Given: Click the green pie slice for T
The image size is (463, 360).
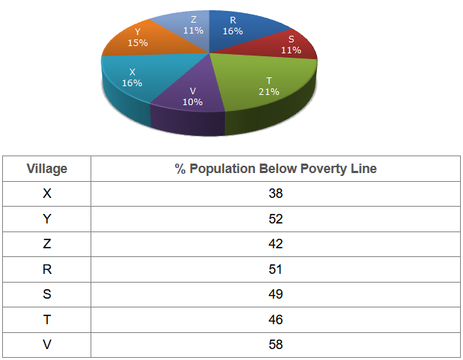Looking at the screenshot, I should tap(263, 80).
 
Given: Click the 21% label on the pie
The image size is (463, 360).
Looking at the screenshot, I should tap(269, 91).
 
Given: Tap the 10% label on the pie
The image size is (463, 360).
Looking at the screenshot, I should tap(192, 102).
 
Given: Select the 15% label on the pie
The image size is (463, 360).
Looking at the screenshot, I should tap(137, 43).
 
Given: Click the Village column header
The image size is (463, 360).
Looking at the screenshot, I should tap(47, 169).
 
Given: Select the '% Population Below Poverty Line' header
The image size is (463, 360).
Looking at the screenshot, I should tap(275, 169).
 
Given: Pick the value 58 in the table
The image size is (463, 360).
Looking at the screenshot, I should tap(275, 344).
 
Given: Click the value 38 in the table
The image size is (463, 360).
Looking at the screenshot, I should tap(275, 194).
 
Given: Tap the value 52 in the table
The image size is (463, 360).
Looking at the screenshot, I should tap(275, 219).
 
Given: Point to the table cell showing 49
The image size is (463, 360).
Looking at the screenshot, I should tap(275, 294).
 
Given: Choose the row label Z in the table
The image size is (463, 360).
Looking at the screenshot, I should tap(47, 244).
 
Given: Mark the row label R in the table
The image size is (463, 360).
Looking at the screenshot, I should tap(47, 269).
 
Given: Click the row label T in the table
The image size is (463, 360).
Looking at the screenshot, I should tap(47, 319).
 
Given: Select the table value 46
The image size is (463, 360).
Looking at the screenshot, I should tap(275, 319).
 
